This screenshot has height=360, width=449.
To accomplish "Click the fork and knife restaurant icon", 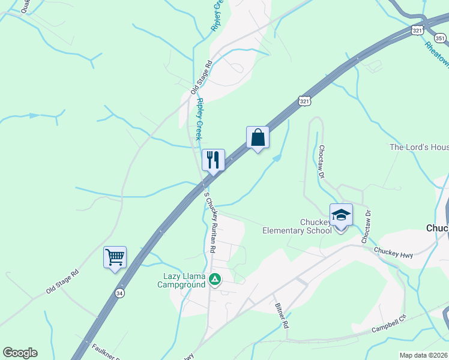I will [x=213, y=160].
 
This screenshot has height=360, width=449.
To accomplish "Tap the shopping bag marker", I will [x=258, y=137].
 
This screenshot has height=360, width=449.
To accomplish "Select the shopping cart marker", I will [x=115, y=257].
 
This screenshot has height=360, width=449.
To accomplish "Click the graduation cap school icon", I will [x=341, y=215].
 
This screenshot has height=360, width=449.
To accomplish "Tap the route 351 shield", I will [x=441, y=38].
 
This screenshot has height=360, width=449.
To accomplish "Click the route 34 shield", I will [x=121, y=293].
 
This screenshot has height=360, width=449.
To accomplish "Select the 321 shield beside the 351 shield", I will [x=418, y=30].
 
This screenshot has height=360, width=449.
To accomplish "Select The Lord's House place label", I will [x=419, y=147].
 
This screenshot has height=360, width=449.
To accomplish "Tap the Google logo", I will [x=20, y=353].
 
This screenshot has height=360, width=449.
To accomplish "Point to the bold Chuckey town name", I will [x=437, y=228].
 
